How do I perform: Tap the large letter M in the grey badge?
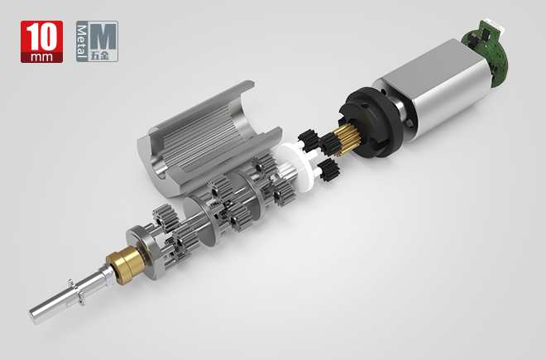(x=103, y=38)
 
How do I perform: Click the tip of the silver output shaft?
(x=38, y=312)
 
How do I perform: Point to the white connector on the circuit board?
(x=489, y=28)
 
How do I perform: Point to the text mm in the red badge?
(x=42, y=58)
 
